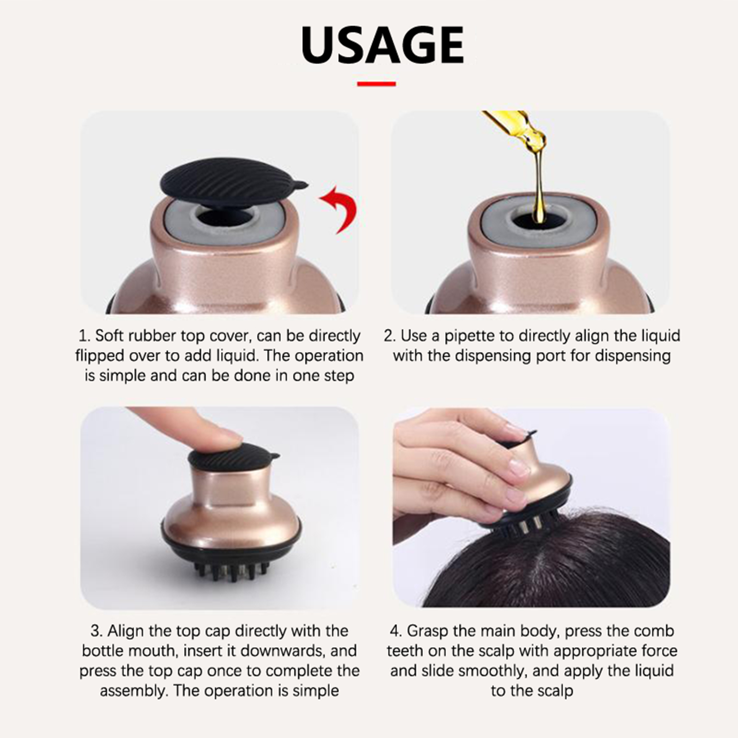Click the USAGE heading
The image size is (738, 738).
382,45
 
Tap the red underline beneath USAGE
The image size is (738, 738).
376,84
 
